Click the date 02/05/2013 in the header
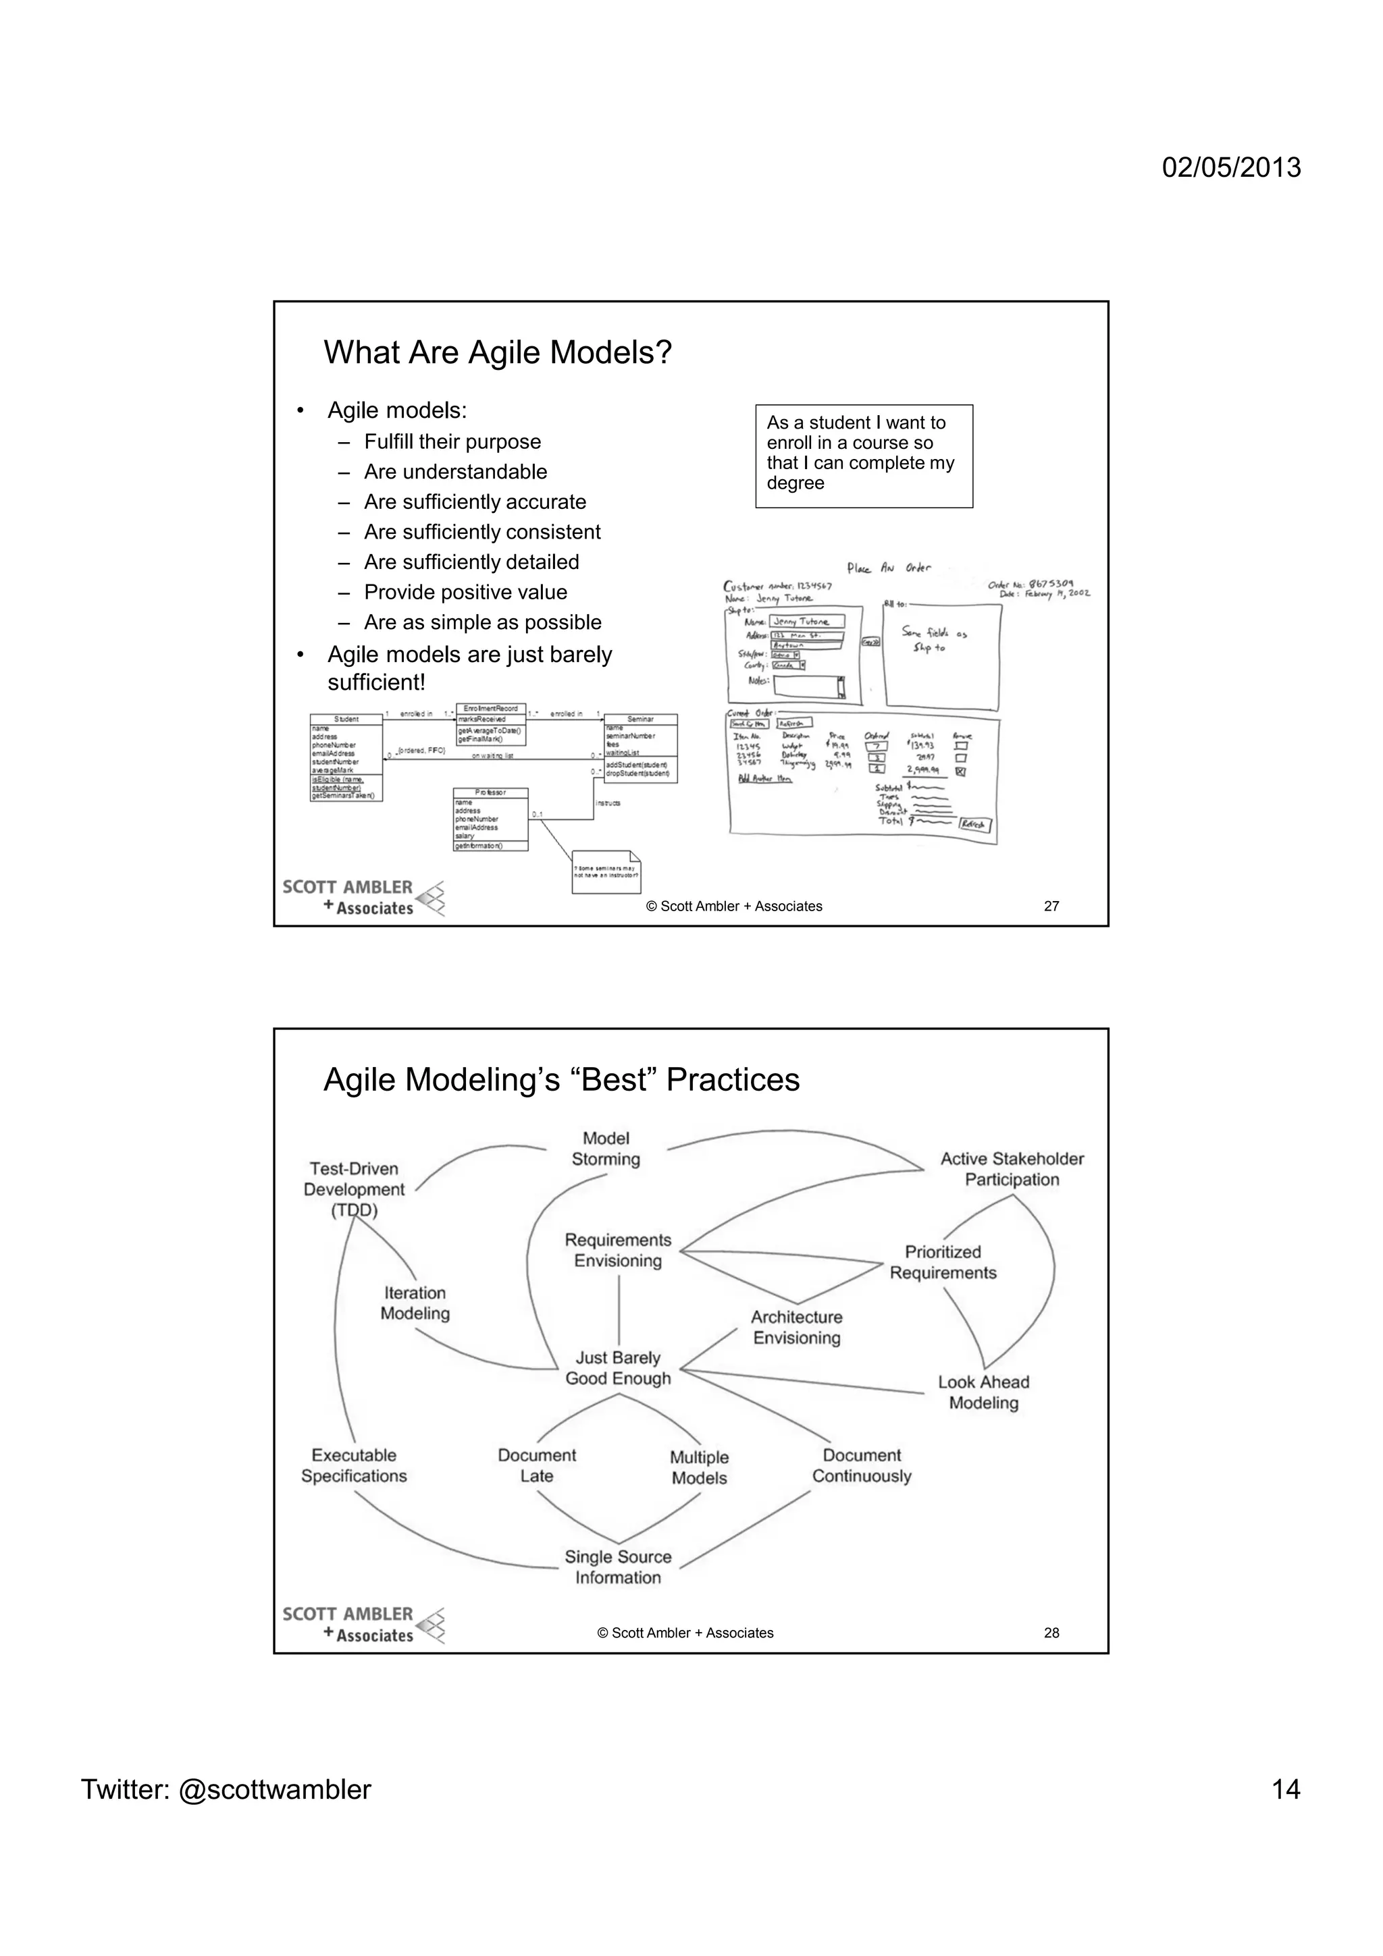pos(1231,167)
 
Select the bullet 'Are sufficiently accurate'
pos(475,501)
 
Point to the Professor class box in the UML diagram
pos(490,819)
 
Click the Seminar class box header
pos(640,719)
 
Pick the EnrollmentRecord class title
pos(490,709)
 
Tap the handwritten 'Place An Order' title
pos(889,568)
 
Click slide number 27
pos(1051,906)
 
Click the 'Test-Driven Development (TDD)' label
pos(354,1189)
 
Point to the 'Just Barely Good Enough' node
pos(618,1367)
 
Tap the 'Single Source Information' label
pos(618,1567)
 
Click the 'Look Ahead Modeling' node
pos(983,1392)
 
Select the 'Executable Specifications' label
pos(354,1465)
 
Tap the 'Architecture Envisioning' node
pos(796,1326)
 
